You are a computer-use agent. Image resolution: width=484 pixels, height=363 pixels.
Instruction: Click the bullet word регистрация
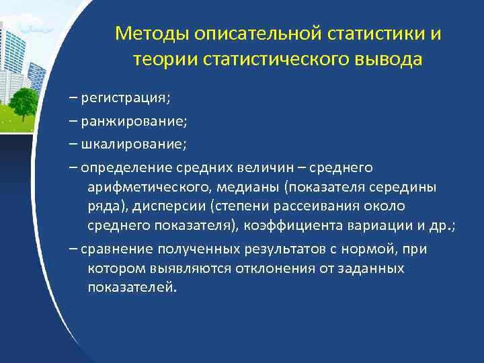tap(125, 99)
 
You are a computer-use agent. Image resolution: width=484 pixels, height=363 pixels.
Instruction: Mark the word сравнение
tap(117, 249)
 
